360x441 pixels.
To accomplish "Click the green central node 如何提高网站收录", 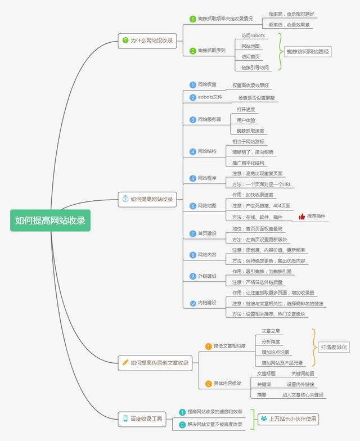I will pos(50,220).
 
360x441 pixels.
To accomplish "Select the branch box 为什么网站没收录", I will pos(148,40).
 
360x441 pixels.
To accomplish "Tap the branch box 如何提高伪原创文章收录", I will pos(155,363).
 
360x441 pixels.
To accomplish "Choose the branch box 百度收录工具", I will pos(142,418).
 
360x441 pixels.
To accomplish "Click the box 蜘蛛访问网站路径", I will pos(308,52).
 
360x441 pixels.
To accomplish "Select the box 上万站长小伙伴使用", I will pos(289,418).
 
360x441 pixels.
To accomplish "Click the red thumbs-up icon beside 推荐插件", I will pos(301,217).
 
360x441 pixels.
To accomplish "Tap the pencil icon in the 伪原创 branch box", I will pos(125,363).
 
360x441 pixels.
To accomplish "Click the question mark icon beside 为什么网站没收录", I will pos(125,40).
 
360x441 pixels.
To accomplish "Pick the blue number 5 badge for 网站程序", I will pos(192,178).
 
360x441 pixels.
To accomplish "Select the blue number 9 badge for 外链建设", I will pos(192,276).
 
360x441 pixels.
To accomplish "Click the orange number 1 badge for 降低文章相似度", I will pos(208,346).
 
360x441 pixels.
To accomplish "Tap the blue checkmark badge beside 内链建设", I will pos(192,303).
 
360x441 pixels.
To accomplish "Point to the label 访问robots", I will pos(253,35).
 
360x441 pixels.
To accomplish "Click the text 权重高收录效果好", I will pos(251,85).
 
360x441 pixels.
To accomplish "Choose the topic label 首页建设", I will pos(207,233).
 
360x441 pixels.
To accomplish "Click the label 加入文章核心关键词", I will pos(303,395).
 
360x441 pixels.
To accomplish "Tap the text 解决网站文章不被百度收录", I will pos(215,424).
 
